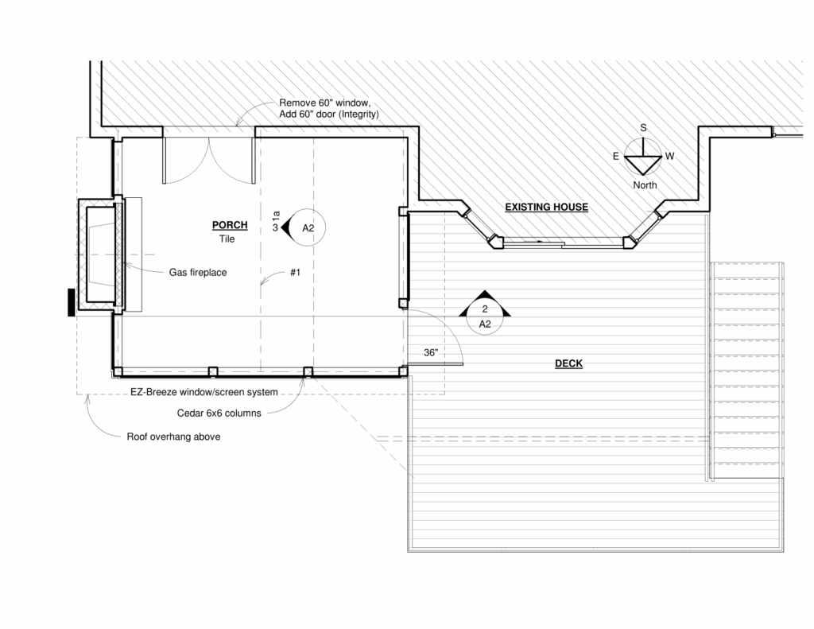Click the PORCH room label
(230, 225)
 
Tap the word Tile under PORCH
(227, 239)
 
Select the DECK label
(568, 363)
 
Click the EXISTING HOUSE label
(547, 207)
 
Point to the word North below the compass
(645, 185)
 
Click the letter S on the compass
(643, 128)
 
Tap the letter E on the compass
(616, 156)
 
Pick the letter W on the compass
(669, 156)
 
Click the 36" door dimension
(431, 353)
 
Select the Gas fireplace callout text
(198, 272)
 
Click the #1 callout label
(295, 272)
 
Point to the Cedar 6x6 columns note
(219, 414)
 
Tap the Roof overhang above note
(173, 437)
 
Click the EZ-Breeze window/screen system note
(204, 392)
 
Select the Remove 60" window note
(325, 103)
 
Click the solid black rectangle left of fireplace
(71, 302)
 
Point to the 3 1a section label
(276, 221)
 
